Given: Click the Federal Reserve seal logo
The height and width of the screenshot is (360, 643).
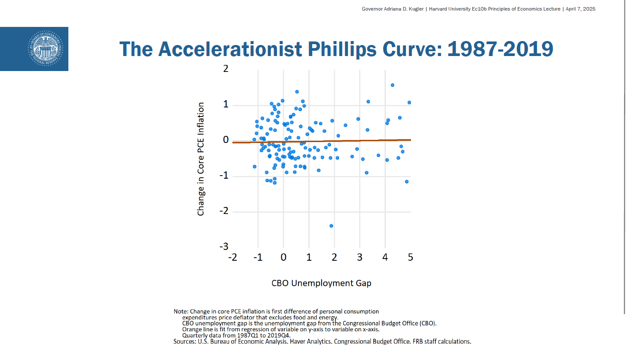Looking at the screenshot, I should coord(46,49).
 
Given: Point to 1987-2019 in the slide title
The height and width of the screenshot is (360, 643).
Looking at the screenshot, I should coord(500,49).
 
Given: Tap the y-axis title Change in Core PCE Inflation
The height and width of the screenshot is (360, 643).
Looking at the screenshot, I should coord(201,159).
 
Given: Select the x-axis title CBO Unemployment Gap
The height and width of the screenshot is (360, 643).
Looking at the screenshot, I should coord(321,283).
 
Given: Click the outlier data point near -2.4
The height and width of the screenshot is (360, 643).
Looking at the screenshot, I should coord(331,226).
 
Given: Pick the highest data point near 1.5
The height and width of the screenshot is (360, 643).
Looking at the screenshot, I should coord(393,85).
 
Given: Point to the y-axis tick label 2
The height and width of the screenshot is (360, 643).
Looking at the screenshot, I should coord(226,69).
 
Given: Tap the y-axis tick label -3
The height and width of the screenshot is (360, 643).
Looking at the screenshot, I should coord(224,247).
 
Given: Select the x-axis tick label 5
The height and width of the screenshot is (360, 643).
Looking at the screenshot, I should coord(411,258).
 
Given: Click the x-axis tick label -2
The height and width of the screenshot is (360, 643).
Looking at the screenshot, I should coord(232,258).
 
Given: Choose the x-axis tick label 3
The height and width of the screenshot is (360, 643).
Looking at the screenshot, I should coord(360,258).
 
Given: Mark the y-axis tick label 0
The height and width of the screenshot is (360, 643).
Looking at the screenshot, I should coord(226,140).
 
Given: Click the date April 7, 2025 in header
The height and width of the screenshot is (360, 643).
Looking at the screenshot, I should coord(580,9).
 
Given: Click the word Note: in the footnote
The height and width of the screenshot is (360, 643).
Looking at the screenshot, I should coord(181,311).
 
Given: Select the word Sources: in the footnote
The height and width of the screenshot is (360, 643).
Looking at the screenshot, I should coord(185,341).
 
